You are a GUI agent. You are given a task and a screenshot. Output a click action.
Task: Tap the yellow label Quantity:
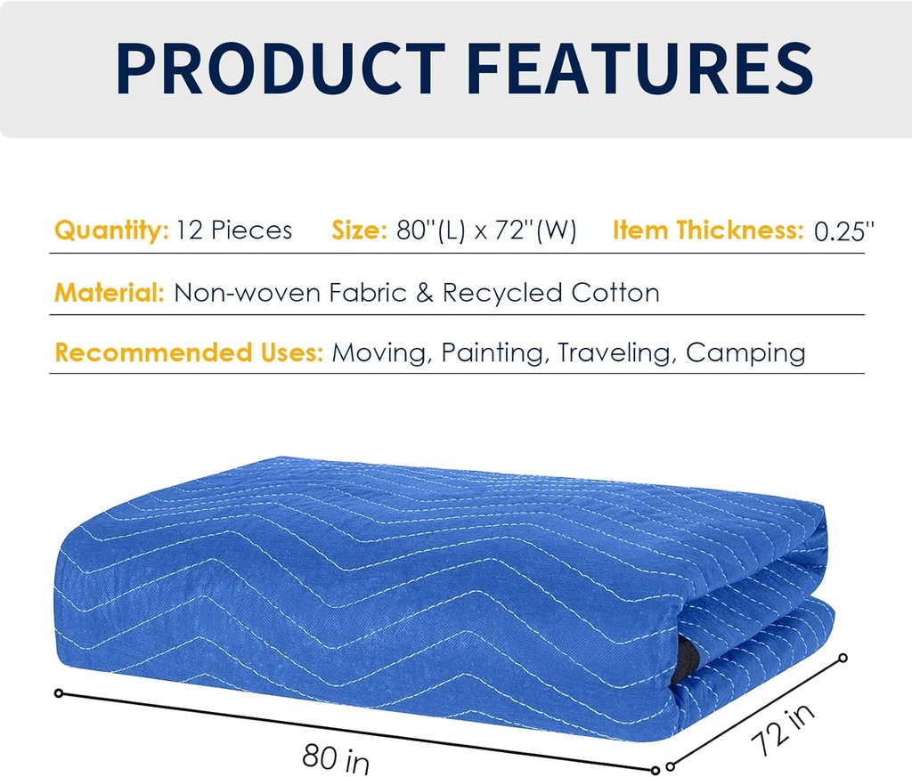tap(111, 231)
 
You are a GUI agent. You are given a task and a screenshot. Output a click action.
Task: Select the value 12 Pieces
tap(234, 231)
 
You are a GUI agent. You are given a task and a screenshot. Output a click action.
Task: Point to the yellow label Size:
tap(359, 231)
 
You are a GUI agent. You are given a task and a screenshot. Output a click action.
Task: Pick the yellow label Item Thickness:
tap(708, 231)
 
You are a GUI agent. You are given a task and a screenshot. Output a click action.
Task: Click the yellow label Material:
tap(109, 292)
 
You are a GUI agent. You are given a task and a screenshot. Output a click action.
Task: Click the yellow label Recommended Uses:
tap(188, 352)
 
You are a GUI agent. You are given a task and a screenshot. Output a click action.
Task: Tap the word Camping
tap(745, 353)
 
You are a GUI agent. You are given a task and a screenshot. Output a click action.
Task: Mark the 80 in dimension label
tap(335, 759)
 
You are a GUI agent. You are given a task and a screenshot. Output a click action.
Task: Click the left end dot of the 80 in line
tap(60, 692)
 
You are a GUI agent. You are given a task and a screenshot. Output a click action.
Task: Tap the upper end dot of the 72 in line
tap(843, 659)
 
